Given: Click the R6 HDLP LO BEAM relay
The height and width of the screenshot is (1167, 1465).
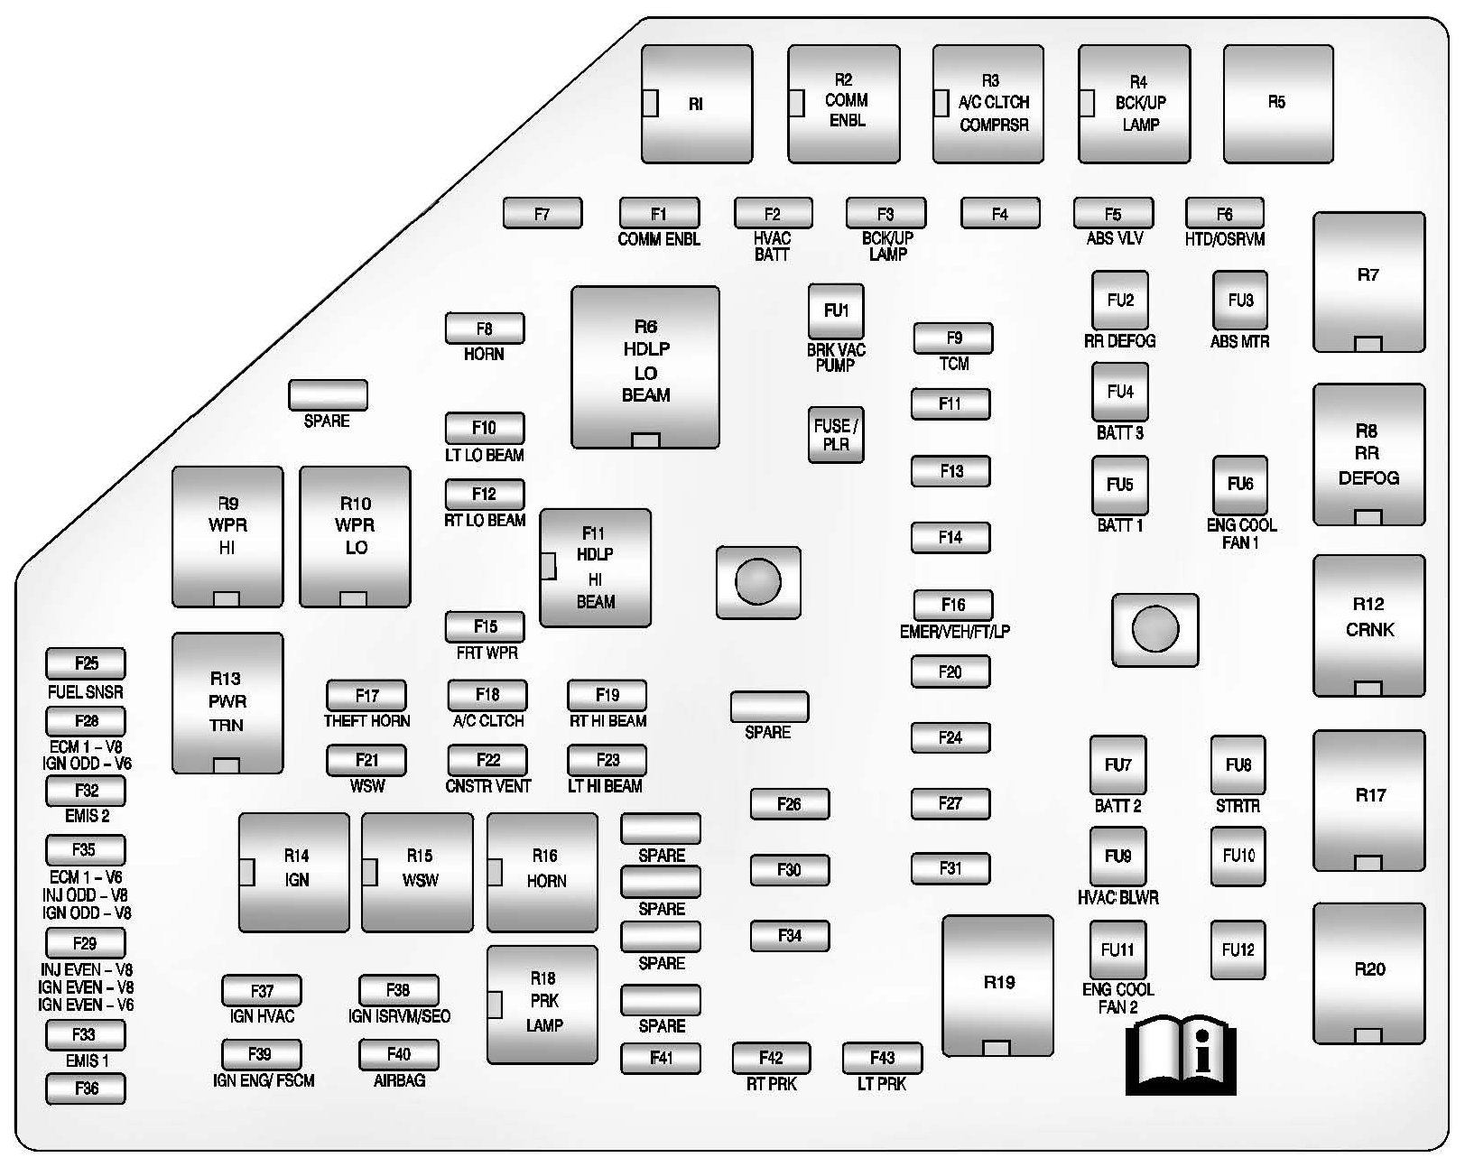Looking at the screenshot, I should [644, 366].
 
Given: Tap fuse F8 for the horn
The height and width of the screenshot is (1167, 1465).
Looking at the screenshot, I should [485, 329].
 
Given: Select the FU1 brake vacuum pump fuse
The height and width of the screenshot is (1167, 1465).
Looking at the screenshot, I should [836, 311].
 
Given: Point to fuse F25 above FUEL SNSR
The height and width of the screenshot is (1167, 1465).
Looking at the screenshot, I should [86, 663].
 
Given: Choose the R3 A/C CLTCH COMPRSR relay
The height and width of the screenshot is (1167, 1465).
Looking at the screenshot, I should [988, 104].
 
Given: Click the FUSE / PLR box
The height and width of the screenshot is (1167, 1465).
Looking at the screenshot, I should [836, 433].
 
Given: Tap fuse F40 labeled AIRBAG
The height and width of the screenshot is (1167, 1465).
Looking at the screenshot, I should [399, 1054].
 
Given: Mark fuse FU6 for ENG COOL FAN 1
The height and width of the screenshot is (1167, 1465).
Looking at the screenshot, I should [1240, 485].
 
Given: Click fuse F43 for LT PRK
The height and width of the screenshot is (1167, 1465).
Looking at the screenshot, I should [882, 1058].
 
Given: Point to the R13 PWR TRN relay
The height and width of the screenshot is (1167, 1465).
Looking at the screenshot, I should [227, 702].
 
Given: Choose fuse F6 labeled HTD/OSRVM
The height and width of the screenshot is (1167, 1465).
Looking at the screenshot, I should [1224, 214].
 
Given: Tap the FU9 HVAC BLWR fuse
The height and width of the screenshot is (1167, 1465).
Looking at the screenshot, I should [1117, 856].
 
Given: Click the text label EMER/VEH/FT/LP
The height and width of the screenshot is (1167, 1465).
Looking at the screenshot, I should [954, 632].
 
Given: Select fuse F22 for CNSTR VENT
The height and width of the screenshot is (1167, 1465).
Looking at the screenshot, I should [487, 760].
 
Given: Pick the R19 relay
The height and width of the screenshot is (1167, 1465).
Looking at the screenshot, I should [997, 984].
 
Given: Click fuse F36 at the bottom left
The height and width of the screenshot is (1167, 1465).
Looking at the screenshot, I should [86, 1088].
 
